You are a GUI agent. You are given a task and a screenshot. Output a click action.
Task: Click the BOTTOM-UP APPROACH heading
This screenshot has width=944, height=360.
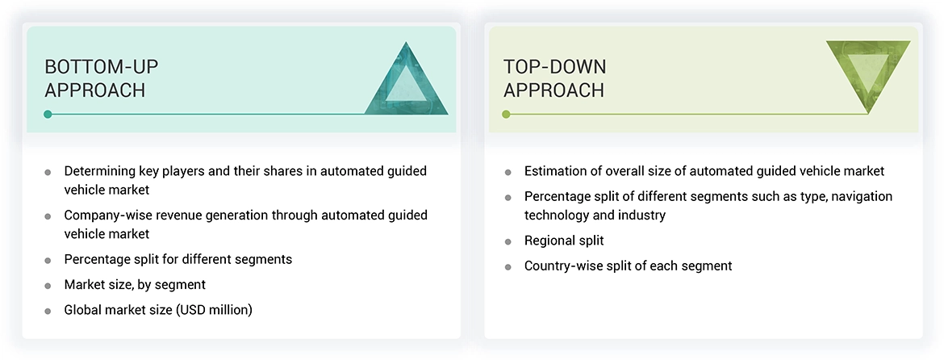click(x=94, y=78)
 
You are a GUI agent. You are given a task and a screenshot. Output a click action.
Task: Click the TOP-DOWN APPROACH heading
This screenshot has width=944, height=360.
click(x=554, y=78)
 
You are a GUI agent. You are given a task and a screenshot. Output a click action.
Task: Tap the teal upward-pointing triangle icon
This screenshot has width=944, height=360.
click(x=406, y=81)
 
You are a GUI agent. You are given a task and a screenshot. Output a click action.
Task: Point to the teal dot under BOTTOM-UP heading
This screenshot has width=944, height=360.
click(x=48, y=115)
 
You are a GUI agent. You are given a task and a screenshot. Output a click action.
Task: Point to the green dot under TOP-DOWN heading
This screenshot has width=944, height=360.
click(x=506, y=115)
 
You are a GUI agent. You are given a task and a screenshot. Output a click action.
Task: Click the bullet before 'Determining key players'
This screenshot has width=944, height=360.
click(x=48, y=172)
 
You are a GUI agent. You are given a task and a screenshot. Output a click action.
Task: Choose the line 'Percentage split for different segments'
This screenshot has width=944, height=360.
click(x=178, y=260)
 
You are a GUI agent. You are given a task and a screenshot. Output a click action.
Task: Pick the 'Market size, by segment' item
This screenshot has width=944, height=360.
click(x=135, y=285)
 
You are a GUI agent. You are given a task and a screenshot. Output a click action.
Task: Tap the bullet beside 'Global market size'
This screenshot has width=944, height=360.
click(x=48, y=311)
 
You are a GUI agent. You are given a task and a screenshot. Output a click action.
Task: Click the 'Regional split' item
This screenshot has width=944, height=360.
click(x=563, y=241)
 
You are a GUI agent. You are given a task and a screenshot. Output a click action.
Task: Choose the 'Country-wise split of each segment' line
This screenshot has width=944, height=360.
click(x=628, y=266)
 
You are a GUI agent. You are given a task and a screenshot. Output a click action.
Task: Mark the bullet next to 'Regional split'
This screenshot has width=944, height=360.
click(x=508, y=241)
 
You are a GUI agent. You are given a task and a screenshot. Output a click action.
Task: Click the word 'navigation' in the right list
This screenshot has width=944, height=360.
click(x=861, y=196)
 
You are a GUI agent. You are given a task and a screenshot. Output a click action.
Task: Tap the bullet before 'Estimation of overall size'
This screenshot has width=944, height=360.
click(x=508, y=172)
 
